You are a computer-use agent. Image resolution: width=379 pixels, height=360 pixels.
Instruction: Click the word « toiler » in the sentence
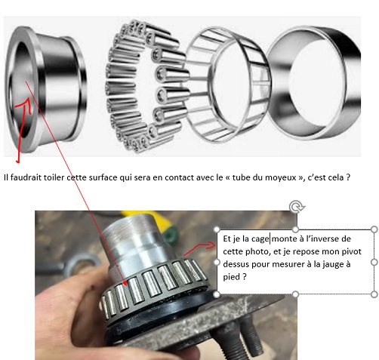pos(54,177)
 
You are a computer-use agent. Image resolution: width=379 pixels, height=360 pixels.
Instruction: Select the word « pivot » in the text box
pos(353,251)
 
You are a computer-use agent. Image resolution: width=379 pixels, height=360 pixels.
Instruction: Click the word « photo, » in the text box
pos(258,251)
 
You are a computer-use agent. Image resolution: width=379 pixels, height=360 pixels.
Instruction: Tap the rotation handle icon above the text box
pos(297,207)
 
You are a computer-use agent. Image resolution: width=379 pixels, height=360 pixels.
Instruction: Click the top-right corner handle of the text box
pos(374,229)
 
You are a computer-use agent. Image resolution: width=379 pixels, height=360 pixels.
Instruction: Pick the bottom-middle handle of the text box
pos(296,294)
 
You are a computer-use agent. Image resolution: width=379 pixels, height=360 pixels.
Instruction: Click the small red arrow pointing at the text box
pos(200,248)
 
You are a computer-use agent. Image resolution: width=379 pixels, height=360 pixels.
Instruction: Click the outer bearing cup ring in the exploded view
pos(314,83)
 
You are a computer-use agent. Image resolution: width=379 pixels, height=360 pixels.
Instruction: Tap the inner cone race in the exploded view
pos(45,90)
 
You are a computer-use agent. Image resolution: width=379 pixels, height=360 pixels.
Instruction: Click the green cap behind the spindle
pos(170,236)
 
